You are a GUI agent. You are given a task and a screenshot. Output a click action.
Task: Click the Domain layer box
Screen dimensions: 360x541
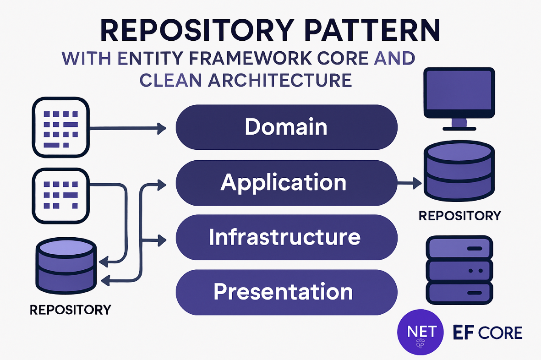click(x=286, y=127)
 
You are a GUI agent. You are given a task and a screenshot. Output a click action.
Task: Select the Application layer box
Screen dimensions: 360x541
click(x=286, y=183)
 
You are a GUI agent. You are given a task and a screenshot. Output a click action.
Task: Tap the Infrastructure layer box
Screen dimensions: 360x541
click(x=286, y=237)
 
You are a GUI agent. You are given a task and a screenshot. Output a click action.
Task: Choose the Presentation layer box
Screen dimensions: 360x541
click(x=286, y=292)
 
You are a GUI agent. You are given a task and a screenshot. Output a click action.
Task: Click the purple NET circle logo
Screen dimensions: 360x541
click(x=421, y=332)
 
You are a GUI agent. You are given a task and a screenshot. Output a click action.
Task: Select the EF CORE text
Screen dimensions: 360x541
click(x=487, y=332)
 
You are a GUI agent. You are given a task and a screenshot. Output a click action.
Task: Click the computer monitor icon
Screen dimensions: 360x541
click(x=459, y=98)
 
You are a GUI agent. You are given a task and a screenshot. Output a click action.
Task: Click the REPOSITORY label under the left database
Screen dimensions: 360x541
click(x=70, y=310)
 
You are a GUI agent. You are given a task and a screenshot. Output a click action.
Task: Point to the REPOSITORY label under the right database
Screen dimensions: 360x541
click(x=459, y=215)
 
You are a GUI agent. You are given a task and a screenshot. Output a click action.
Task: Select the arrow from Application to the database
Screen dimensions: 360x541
click(x=409, y=184)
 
